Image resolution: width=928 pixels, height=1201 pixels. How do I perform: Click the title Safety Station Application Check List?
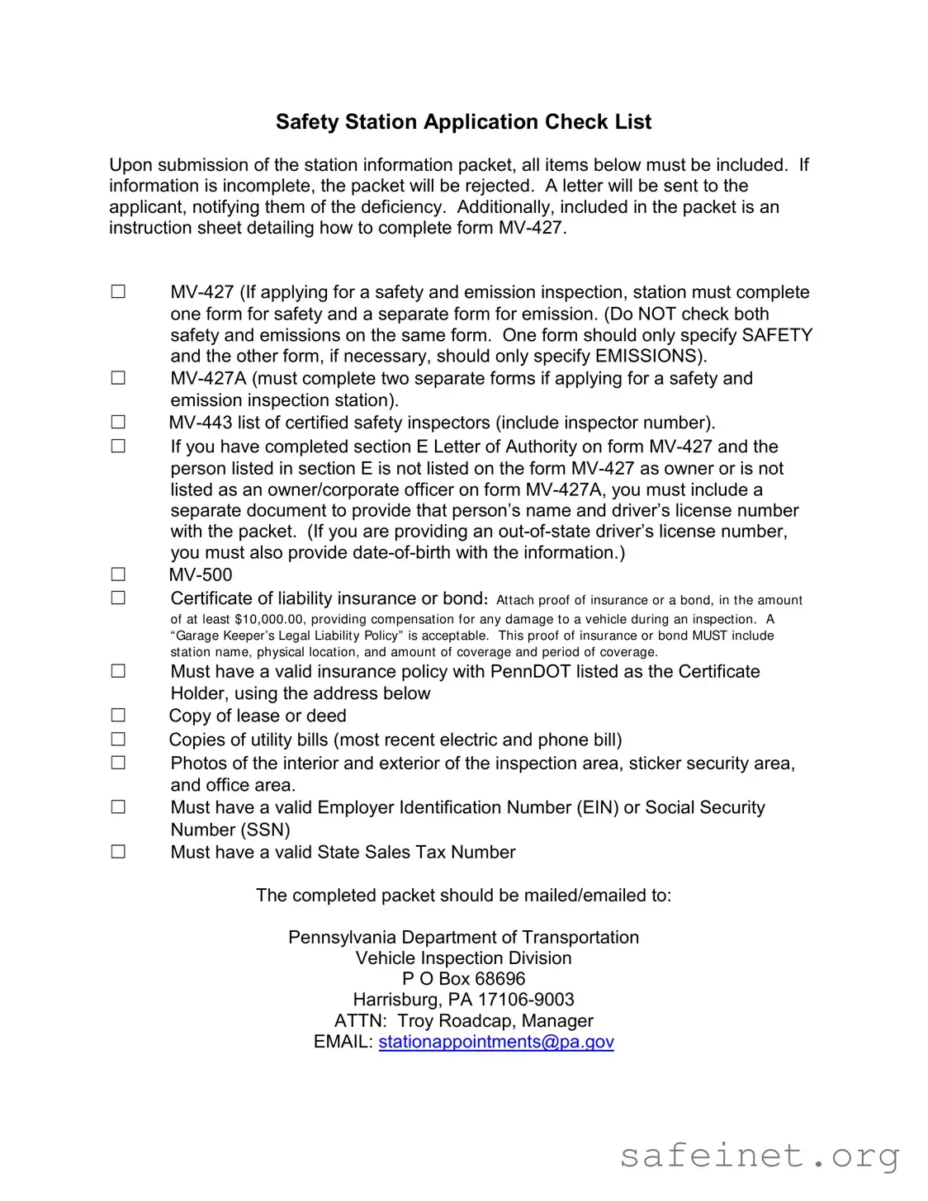(x=463, y=122)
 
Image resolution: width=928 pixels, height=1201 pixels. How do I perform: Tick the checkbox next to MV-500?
(x=118, y=574)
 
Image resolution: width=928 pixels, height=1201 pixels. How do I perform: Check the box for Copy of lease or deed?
(x=118, y=716)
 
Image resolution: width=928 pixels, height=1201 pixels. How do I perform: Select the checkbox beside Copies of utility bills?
(x=118, y=740)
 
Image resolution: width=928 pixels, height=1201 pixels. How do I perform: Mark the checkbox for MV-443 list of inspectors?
(x=118, y=423)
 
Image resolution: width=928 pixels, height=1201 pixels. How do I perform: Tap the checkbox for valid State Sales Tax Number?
(x=118, y=852)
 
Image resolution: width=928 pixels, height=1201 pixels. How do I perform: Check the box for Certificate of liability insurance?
(x=118, y=598)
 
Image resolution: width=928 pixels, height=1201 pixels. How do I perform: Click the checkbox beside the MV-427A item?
(x=118, y=378)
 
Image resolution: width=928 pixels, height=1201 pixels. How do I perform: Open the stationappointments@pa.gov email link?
(x=496, y=1042)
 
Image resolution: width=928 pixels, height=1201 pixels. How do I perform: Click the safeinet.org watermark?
(x=759, y=1156)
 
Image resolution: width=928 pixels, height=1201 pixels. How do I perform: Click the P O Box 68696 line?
(x=463, y=979)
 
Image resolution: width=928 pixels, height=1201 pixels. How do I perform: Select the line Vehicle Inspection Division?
(x=463, y=958)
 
